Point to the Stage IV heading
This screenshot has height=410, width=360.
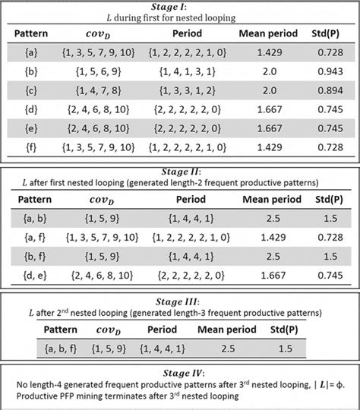(x=180, y=373)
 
